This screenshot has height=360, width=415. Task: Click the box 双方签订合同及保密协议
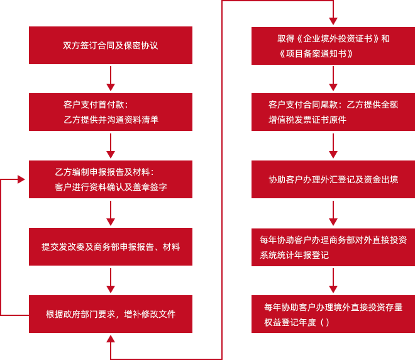click(110, 45)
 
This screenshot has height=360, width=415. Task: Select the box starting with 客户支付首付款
click(110, 112)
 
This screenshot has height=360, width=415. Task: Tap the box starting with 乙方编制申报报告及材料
click(110, 179)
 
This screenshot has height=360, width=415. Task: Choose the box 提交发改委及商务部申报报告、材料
click(110, 247)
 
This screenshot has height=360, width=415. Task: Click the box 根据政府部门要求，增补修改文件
click(110, 313)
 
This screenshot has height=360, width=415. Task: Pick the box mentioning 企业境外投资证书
click(333, 45)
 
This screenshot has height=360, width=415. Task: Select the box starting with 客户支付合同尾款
click(333, 112)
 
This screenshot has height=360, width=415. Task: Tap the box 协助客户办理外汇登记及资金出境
click(333, 179)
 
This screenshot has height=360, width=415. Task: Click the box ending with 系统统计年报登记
click(333, 247)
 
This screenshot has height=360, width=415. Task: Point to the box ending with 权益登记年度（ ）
click(333, 313)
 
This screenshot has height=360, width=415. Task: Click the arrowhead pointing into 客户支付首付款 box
click(111, 87)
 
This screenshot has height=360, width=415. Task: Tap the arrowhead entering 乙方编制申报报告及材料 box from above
click(111, 155)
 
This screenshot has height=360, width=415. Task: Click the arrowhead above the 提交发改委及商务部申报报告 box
click(111, 222)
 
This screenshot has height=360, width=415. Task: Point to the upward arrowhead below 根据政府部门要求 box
click(111, 339)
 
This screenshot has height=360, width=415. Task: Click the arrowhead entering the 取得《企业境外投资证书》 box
click(333, 21)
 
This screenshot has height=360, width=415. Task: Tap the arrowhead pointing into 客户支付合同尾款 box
click(333, 87)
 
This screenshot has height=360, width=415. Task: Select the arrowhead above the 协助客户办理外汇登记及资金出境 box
click(333, 155)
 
